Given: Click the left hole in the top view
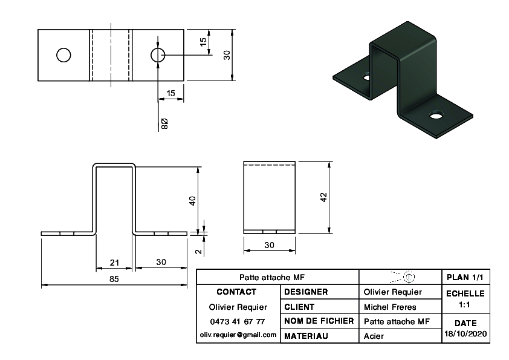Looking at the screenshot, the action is (63, 55).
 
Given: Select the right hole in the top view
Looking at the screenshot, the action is (158, 55).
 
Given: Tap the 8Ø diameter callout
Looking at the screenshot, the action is (164, 124).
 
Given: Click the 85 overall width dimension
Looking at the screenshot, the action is (114, 279).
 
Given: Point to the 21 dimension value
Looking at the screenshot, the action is (114, 263).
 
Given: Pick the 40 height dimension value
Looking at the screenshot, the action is (192, 201).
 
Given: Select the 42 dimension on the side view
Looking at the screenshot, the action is (323, 197).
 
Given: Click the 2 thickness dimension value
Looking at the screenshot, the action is (199, 252).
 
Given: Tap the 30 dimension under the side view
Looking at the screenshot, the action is (269, 245).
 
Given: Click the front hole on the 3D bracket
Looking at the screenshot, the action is (436, 115).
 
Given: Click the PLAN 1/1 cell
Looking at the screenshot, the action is (465, 277).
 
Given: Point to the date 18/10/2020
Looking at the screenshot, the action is (465, 334).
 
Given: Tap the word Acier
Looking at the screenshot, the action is (374, 336).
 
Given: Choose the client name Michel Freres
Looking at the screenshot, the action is (390, 307).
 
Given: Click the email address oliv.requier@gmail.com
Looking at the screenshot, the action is (238, 335).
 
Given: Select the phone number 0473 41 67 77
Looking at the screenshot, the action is (238, 322).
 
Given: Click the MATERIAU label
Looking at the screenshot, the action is (306, 336).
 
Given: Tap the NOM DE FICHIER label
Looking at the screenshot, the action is (319, 321).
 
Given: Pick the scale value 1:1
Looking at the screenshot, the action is (464, 305).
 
